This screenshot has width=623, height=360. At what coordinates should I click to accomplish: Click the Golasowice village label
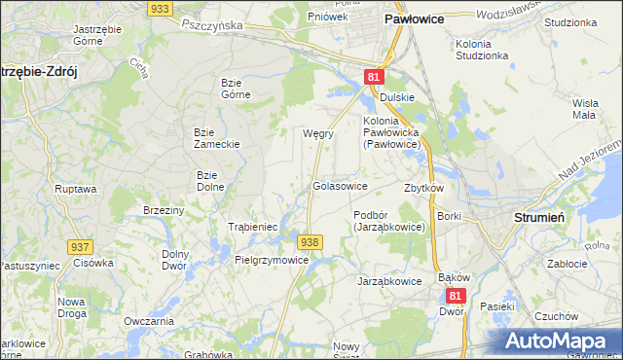[339, 185]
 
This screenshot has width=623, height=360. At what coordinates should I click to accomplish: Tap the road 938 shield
[310, 241]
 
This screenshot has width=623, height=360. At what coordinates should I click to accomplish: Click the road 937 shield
[79, 247]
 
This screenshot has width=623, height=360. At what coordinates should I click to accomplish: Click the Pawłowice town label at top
[416, 18]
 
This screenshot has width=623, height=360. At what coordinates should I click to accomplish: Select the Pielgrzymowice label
[272, 260]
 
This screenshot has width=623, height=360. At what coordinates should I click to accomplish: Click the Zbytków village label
[423, 188]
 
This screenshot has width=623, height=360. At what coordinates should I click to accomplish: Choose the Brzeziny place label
[164, 210]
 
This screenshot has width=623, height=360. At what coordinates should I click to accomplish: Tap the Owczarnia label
[149, 321]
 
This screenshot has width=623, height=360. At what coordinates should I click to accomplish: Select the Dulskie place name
[397, 96]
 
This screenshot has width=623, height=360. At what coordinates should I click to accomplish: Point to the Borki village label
[449, 215]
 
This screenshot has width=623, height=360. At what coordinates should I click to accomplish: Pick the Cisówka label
[93, 263]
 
